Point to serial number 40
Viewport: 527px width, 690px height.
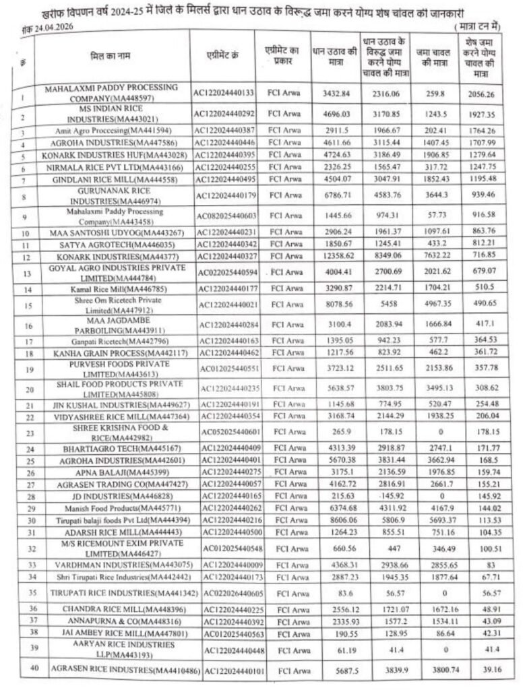[x=22, y=670]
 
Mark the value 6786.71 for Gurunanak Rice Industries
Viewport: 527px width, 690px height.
[x=335, y=197]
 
